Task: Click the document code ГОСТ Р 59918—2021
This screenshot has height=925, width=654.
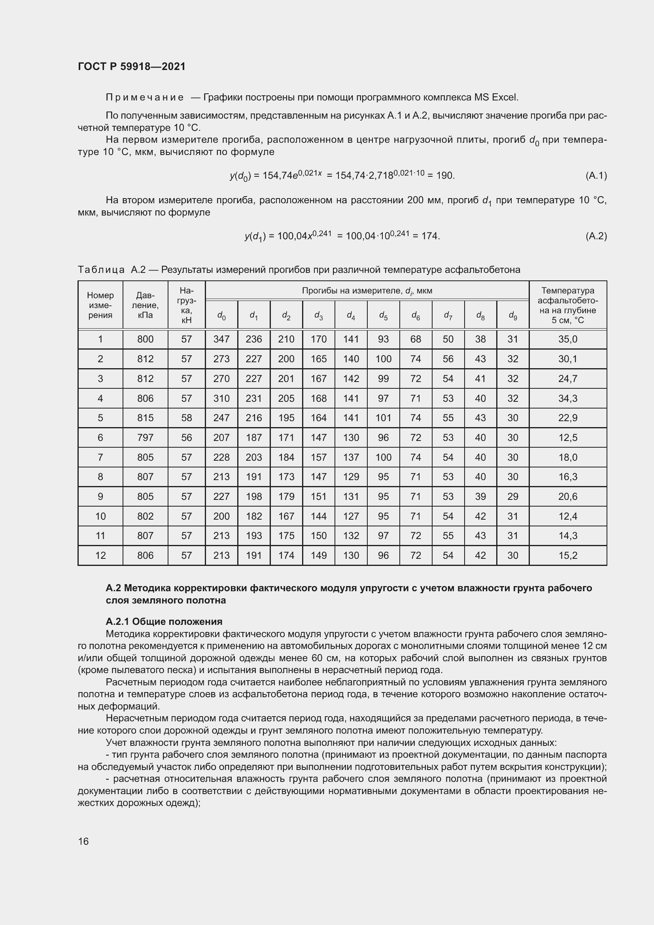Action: tap(132, 66)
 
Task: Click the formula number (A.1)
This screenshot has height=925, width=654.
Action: tap(596, 176)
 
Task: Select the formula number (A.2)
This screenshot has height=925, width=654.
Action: tap(596, 236)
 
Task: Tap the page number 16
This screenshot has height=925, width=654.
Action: tap(83, 841)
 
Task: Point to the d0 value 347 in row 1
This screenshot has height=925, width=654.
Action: tap(221, 339)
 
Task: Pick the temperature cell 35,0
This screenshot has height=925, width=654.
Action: tap(567, 339)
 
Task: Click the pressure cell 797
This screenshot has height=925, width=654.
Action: tap(146, 437)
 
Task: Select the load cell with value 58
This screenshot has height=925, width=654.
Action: tap(187, 418)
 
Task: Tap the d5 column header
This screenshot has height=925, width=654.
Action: tap(384, 316)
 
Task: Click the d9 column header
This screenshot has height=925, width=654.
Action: tap(513, 316)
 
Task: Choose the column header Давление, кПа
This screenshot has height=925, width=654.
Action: tap(146, 305)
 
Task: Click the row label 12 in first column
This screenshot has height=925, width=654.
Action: tap(100, 556)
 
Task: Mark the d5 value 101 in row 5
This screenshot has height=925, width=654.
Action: tap(384, 418)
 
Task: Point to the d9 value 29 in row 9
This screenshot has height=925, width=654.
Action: tap(513, 496)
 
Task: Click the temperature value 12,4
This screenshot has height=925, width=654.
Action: tap(567, 516)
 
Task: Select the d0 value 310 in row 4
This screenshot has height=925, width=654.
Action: tap(221, 399)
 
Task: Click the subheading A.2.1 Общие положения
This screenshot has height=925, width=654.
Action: tap(164, 622)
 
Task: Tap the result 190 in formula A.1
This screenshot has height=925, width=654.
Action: tap(444, 176)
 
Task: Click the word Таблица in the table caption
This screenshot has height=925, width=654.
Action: tap(101, 270)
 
